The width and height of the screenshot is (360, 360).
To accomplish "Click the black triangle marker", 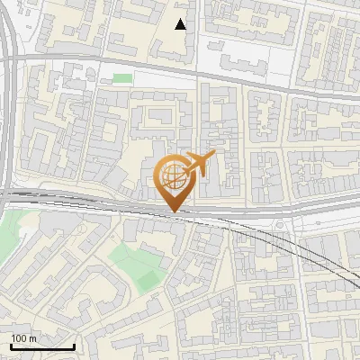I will coord(181,24).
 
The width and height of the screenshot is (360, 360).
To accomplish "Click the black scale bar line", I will coord(42,346).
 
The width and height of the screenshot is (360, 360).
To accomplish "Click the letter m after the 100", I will coord(32,338).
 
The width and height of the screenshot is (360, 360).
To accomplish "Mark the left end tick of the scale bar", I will coord(11,345).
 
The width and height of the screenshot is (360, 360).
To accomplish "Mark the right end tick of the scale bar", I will coord(74,345).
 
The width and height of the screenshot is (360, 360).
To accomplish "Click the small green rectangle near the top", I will coord(122,79).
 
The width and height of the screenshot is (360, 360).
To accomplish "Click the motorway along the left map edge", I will coord(6,108).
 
